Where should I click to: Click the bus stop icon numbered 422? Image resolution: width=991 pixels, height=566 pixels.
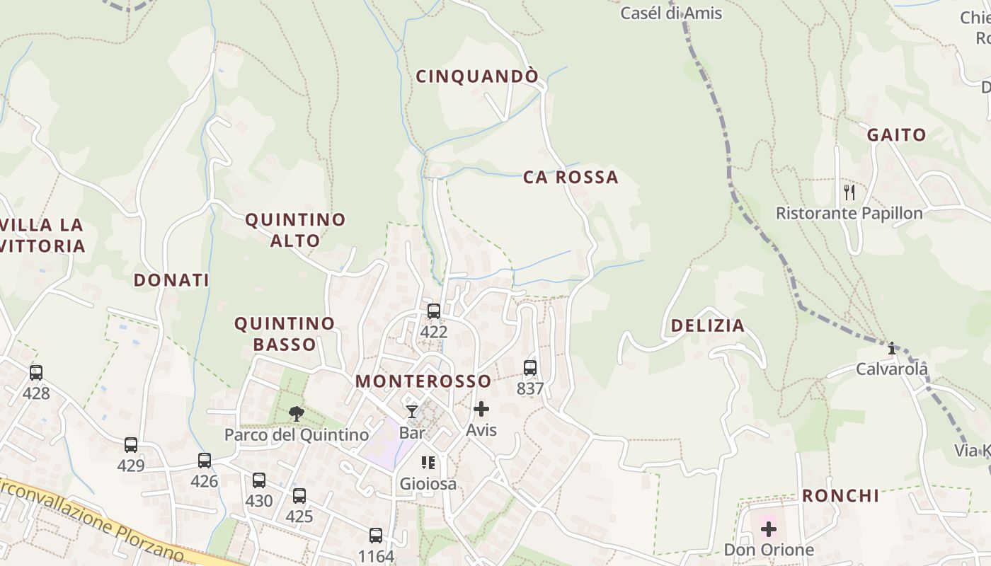point(433,311)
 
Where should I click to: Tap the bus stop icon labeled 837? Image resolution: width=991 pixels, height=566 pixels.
point(529,368)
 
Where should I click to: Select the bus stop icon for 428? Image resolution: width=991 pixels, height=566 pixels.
point(36,372)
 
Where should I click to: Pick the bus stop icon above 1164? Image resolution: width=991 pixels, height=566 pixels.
point(376,536)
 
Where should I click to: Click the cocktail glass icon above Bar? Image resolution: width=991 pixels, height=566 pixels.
point(411,411)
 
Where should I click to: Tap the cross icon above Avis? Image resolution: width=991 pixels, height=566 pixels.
point(481,409)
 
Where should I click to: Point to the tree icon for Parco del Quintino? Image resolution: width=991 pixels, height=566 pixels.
point(297,413)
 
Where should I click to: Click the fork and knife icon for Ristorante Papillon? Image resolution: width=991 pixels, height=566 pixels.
point(849,192)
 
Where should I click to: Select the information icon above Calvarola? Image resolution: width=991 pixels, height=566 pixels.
point(892,348)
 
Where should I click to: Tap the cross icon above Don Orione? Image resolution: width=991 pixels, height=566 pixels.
point(769,529)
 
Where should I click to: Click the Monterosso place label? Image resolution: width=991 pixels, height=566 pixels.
point(423,381)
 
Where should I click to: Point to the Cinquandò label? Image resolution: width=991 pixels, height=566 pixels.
point(477,76)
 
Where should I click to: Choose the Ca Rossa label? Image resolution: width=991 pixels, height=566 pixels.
point(571,177)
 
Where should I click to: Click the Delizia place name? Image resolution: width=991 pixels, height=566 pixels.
point(707,325)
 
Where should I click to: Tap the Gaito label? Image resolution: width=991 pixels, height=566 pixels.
point(896,134)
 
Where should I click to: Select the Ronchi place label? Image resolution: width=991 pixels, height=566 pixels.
point(840,495)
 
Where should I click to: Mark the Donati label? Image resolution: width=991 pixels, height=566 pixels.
point(171,280)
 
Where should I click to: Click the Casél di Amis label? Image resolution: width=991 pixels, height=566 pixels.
point(671,13)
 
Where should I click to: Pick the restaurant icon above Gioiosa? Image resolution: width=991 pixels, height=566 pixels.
point(428,463)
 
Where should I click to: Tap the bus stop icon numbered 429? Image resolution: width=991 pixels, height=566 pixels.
point(131,445)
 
